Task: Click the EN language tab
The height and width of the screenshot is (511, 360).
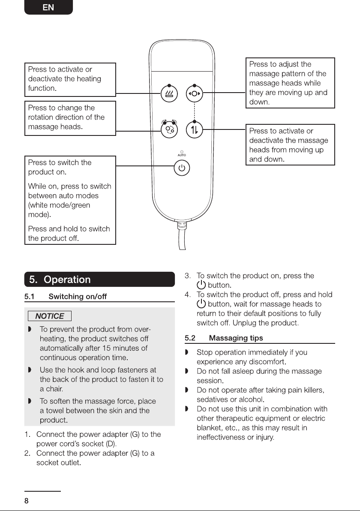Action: click(48, 7)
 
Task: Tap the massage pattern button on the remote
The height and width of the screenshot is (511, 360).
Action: click(194, 94)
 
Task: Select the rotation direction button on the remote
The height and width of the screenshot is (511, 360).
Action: click(169, 129)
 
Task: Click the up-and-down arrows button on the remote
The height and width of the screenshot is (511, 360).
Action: click(194, 130)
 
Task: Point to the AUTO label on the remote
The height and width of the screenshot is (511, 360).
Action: click(182, 155)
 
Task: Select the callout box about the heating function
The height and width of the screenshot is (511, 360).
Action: click(70, 79)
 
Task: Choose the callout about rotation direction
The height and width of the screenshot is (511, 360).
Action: click(70, 118)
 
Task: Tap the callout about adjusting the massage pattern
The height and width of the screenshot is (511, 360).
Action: click(290, 83)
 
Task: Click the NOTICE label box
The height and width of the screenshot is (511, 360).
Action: click(50, 316)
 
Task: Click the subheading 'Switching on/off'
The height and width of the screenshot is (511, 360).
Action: click(78, 297)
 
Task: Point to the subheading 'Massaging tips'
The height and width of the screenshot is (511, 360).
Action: click(236, 338)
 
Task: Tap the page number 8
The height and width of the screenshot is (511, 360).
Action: click(27, 501)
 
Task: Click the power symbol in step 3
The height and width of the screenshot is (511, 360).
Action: click(201, 285)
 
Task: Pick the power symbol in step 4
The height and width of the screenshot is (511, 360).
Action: click(201, 304)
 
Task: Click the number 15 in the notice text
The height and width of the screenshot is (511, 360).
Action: click(107, 348)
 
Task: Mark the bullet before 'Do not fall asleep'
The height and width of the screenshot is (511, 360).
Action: click(187, 371)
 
